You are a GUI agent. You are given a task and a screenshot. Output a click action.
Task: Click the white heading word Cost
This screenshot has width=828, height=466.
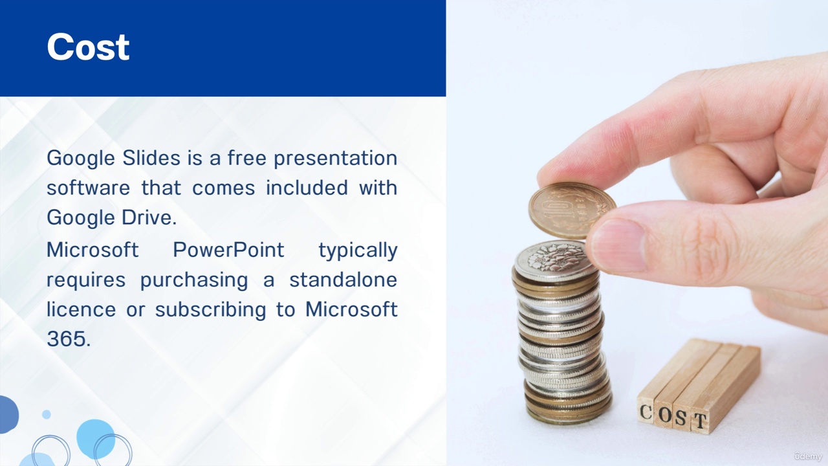88,47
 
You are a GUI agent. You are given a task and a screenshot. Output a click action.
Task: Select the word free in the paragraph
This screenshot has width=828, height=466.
246,158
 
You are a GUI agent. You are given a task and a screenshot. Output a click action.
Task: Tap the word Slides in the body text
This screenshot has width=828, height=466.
151,158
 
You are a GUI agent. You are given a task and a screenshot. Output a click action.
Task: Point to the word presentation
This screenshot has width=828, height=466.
336,159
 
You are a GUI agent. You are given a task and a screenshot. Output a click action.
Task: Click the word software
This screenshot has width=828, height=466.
89,188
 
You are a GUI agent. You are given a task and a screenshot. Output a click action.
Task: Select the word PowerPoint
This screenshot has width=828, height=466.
228,250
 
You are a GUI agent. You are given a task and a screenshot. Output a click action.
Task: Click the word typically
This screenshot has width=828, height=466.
358,250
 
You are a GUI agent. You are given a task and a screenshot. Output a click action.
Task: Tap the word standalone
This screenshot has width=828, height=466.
343,280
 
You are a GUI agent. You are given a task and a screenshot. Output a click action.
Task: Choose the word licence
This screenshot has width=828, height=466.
82,309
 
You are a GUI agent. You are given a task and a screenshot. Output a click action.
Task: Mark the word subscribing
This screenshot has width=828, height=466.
210,310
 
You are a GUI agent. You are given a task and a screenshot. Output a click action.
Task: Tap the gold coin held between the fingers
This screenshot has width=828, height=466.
572,210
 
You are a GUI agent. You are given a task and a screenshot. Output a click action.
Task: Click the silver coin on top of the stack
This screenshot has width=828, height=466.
556,261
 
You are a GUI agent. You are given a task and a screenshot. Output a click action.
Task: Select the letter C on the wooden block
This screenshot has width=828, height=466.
646,412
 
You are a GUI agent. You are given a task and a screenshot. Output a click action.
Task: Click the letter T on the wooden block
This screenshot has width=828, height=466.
700,421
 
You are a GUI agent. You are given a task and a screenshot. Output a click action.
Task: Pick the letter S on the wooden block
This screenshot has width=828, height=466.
681,418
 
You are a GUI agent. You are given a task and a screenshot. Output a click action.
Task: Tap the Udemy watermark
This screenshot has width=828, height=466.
808,456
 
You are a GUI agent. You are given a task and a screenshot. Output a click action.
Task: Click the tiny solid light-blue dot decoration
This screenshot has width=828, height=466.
46,414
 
